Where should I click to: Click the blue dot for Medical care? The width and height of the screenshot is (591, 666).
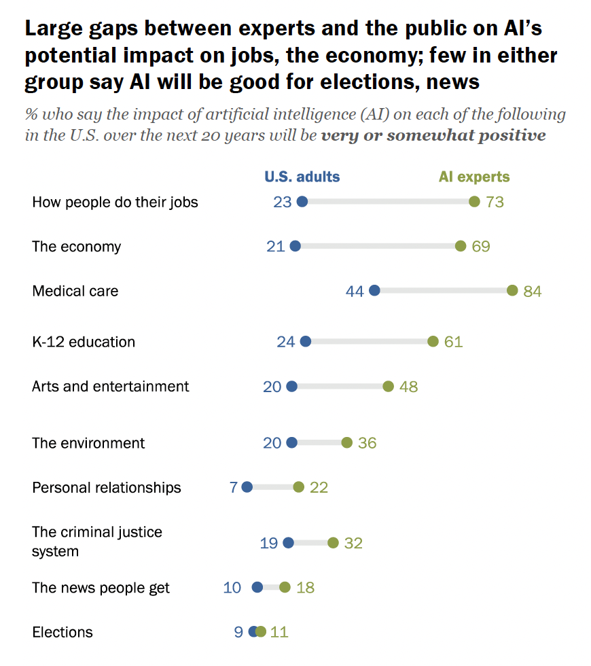tap(374, 291)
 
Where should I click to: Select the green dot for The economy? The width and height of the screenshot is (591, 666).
tap(461, 246)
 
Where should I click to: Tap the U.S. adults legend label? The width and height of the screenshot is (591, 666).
tap(302, 177)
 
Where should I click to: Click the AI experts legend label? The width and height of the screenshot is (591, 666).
tap(474, 177)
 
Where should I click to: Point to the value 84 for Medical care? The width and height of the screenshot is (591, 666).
tap(533, 292)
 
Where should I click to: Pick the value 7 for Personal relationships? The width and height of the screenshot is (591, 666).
tap(234, 488)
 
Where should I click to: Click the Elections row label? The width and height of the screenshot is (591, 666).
tap(62, 632)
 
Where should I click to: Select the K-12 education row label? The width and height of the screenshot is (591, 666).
tap(84, 342)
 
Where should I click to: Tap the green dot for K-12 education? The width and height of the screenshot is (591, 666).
tap(433, 341)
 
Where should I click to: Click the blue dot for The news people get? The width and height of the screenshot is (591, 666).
tap(257, 587)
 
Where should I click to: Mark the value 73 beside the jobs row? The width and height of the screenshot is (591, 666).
tap(495, 202)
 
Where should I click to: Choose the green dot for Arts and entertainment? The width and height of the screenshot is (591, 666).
tap(388, 386)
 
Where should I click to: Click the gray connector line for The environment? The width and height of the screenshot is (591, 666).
tap(319, 442)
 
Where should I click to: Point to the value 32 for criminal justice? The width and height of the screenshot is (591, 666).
tap(353, 543)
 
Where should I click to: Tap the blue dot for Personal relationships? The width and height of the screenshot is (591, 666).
tap(247, 487)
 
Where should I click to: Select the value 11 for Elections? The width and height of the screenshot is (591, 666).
tap(279, 632)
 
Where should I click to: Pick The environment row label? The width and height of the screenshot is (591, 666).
tap(88, 443)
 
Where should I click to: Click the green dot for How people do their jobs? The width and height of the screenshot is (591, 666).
tap(474, 201)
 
